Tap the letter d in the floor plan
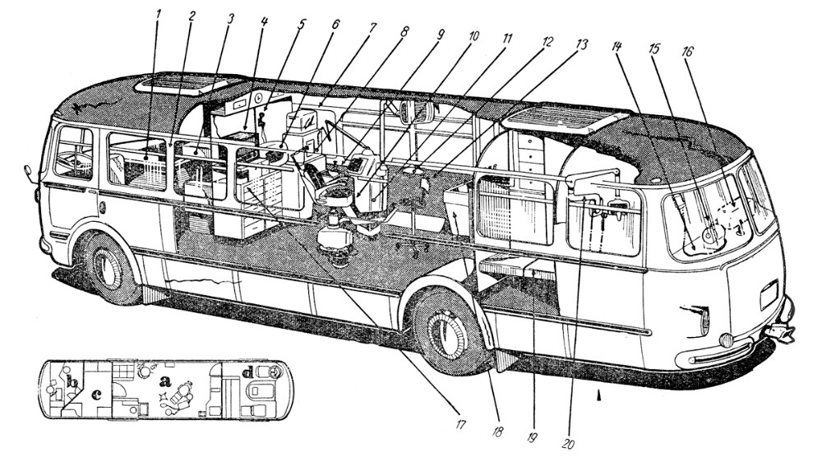tap(247, 375)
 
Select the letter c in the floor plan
tap(96, 394)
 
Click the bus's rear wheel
tap(107, 267)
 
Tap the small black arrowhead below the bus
tap(598, 396)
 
